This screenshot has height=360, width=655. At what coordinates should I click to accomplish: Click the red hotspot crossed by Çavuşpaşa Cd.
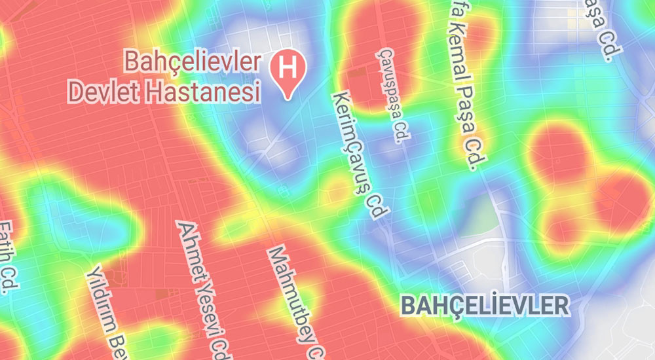click(380, 59)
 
